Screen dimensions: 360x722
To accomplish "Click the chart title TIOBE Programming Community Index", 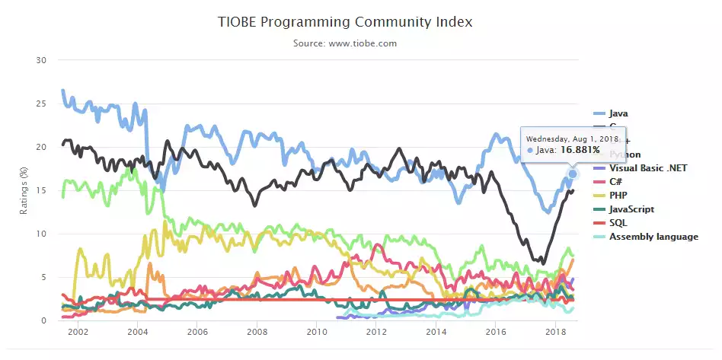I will point(345,21).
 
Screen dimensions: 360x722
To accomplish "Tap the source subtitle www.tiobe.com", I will point(345,43).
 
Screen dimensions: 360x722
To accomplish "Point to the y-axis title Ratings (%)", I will point(24,190).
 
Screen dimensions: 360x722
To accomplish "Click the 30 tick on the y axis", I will point(42,60).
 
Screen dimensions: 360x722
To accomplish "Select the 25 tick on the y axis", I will point(42,104).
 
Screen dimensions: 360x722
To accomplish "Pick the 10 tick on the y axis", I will point(42,234).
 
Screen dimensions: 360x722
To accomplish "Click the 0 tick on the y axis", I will point(44,320).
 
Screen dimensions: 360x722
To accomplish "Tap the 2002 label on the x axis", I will point(78,333).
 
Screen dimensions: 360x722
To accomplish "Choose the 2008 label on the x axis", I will point(257,333).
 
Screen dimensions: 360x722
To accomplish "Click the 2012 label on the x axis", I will point(376,333).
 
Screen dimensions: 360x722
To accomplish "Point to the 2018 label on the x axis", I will point(555,333).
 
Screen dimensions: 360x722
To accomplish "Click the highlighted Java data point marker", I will point(573,174).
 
